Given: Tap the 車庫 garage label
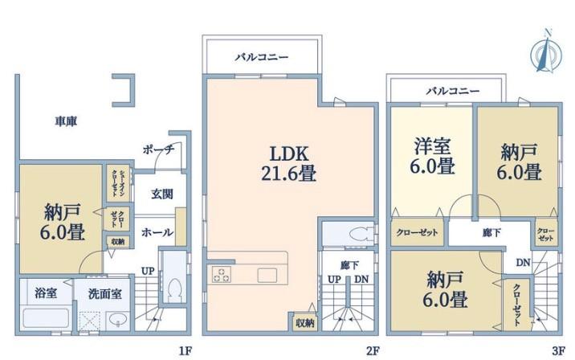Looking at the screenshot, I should click(x=66, y=121).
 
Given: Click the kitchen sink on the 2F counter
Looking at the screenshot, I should click(x=267, y=275).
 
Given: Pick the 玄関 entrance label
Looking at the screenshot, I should click(x=162, y=193).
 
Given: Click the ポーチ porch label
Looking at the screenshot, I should click(x=157, y=149).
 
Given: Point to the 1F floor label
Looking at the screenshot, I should click(x=185, y=351).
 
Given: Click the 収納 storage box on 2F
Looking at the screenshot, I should click(x=304, y=322).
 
